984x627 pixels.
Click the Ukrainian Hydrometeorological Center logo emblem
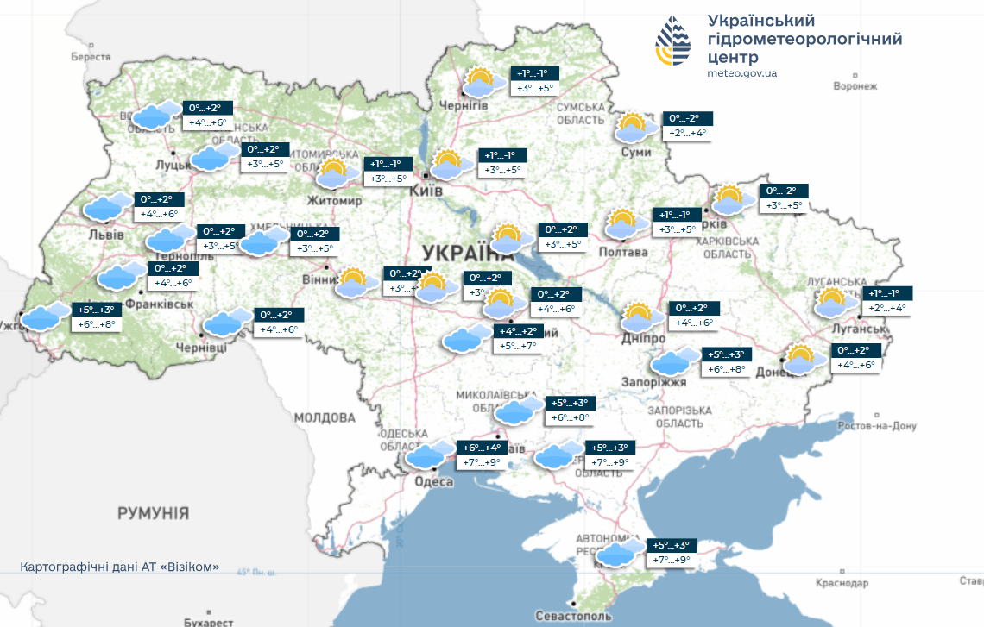pyautogui.click(x=673, y=41)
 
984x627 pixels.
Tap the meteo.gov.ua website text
pyautogui.click(x=741, y=73)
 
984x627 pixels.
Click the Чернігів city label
pyautogui.click(x=464, y=104)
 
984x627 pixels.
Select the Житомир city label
pyautogui.click(x=334, y=201)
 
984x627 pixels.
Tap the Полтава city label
pyautogui.click(x=622, y=252)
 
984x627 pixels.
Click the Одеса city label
pyautogui.click(x=433, y=482)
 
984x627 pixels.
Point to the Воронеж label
pyautogui.click(x=855, y=86)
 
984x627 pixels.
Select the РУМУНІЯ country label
pyautogui.click(x=153, y=513)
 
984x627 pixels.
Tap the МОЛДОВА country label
pyautogui.click(x=325, y=417)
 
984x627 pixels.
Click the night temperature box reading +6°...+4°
pyautogui.click(x=482, y=448)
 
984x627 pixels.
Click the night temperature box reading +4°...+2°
pyautogui.click(x=519, y=331)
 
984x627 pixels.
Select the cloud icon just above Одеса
pyautogui.click(x=429, y=455)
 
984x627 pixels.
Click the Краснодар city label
pyautogui.click(x=842, y=584)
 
